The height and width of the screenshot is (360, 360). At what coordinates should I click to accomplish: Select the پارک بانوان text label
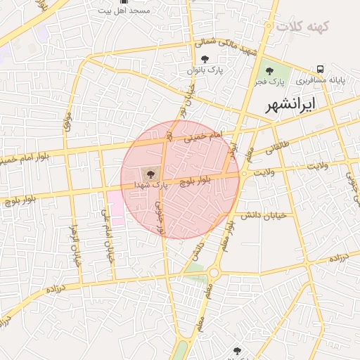click(204, 70)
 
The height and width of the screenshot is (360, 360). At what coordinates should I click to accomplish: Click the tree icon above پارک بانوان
click(205, 59)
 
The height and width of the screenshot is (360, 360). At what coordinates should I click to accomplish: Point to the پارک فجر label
click(269, 82)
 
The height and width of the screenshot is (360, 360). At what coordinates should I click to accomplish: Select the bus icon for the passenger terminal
click(320, 69)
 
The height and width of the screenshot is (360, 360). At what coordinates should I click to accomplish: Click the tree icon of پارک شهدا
click(150, 172)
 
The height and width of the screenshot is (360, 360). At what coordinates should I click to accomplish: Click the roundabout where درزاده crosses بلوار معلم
click(214, 272)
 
